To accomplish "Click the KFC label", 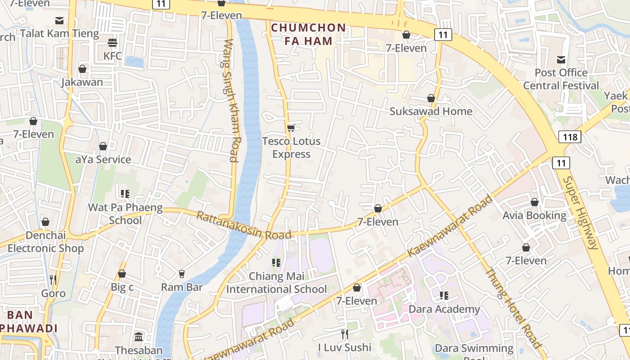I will (112, 56).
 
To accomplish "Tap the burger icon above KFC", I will (112, 43).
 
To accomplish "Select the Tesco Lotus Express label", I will (291, 148).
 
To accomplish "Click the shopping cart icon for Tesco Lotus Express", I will (291, 128).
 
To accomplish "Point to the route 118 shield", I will (570, 137).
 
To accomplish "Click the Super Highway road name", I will (580, 212).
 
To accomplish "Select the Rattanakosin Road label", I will (243, 226).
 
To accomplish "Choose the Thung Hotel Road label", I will (513, 308).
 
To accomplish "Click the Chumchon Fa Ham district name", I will (309, 34).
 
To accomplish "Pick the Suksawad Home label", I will (431, 111).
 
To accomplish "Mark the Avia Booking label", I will (534, 216).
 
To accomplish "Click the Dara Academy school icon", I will (444, 296).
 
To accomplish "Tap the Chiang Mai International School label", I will (276, 283).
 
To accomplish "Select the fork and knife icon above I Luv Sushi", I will (344, 334).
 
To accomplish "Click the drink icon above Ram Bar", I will (182, 274).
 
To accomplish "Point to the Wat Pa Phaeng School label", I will (125, 214).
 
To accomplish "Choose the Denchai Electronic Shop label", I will (45, 242).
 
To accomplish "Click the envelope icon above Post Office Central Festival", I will (561, 59).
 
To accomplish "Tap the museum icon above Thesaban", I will (139, 337).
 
